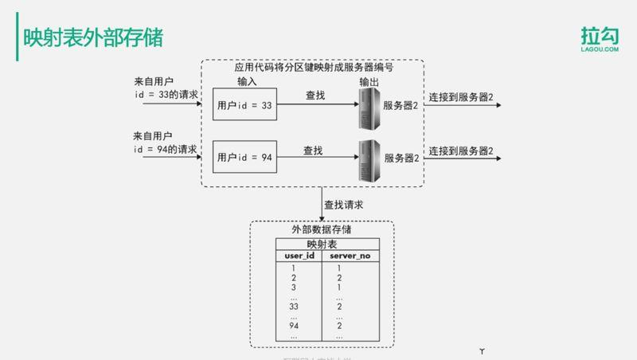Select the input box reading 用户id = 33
[x=244, y=105]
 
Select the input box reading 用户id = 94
[x=244, y=157]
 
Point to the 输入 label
[x=247, y=82]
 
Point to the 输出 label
[x=369, y=82]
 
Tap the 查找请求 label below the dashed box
[x=344, y=205]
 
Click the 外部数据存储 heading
[x=322, y=229]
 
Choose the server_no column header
[x=350, y=256]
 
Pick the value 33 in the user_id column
[x=294, y=306]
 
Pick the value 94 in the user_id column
[x=294, y=326]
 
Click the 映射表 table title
[x=322, y=244]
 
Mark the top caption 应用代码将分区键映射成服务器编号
[x=314, y=68]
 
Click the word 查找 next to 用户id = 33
[x=315, y=96]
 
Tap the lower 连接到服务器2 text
[x=461, y=151]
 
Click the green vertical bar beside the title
[x=18, y=38]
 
